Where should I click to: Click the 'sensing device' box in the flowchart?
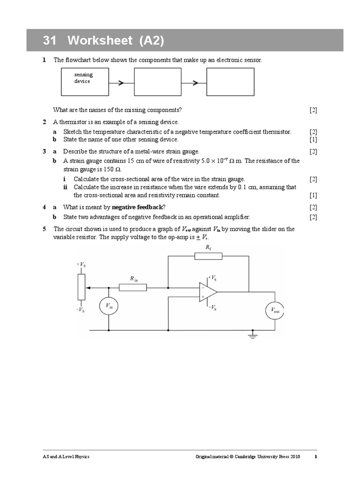point(84,81)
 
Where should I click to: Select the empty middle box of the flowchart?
point(157,81)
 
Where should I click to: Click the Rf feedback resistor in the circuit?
point(208,256)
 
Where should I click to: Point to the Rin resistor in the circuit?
point(133,287)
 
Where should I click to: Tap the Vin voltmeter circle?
point(109,307)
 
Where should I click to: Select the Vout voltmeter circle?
point(275,310)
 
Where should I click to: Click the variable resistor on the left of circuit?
point(82,286)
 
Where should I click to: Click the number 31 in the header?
point(50,41)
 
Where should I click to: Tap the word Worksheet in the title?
point(99,41)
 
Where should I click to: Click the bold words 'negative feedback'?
point(136,207)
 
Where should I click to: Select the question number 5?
point(44,229)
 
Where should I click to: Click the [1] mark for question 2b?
point(313,140)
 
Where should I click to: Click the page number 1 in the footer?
point(315,457)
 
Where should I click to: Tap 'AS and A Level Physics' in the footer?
point(66,457)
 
